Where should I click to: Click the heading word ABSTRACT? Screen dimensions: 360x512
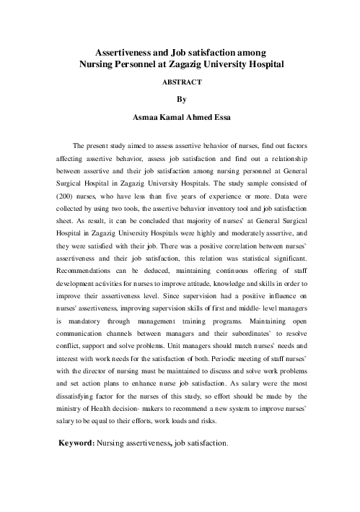pos(180,82)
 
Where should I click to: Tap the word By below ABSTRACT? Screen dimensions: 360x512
pos(180,98)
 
